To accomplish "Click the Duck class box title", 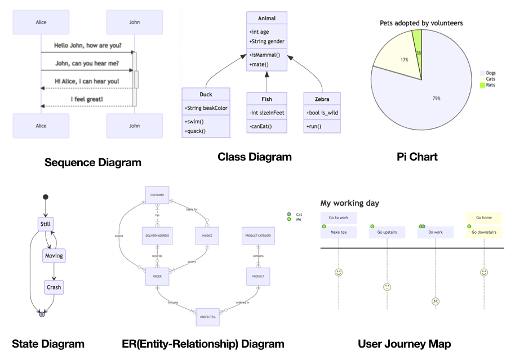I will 206,95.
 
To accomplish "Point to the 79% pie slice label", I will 437,98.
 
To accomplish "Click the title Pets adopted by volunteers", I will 421,23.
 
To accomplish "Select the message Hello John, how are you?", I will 88,45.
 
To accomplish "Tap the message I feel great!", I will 87,99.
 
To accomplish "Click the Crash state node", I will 54,287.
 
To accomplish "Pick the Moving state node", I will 54,256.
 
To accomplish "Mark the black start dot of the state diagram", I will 46,197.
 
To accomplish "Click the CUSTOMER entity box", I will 157,195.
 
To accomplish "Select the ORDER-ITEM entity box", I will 208,317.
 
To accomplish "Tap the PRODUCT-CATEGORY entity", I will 259,235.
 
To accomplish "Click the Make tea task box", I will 339,232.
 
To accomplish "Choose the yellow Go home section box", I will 483,217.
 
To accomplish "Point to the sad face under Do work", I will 436,301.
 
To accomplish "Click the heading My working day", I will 349,203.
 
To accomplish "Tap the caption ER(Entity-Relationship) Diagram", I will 203,344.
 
